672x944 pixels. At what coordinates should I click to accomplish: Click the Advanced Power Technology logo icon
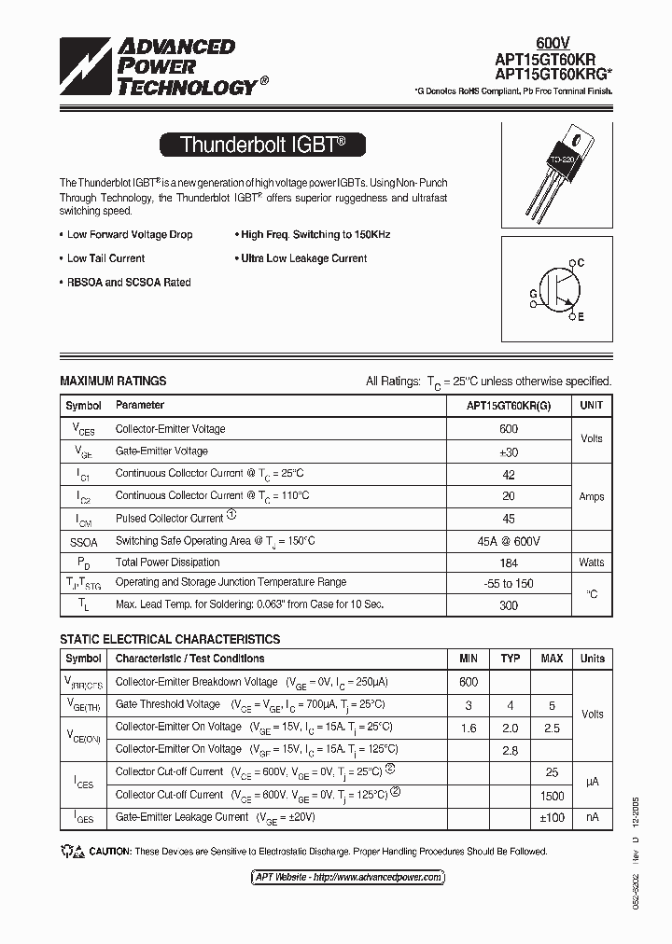coord(85,67)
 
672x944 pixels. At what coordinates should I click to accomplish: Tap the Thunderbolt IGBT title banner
coord(261,145)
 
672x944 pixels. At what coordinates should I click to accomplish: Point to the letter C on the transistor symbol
coord(580,263)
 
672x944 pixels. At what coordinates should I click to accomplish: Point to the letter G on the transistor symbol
coord(533,292)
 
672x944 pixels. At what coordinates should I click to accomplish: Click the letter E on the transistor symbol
coord(580,318)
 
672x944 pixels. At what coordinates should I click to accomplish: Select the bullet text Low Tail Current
coord(105,258)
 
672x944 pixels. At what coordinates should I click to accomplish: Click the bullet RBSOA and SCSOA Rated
coord(129,283)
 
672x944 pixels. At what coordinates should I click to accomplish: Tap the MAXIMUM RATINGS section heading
coord(113,381)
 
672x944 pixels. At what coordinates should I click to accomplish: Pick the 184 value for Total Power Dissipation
coord(509,562)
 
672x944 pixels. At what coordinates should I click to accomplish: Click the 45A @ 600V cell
coord(509,541)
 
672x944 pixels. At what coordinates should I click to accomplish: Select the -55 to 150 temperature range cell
coord(509,583)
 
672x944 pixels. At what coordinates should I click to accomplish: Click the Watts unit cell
coord(592,562)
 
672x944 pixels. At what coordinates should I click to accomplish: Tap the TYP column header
coord(510,659)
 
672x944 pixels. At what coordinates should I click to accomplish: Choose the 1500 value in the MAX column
coord(552,796)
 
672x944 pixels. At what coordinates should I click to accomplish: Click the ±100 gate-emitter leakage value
coord(552,817)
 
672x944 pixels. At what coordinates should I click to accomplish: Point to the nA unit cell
coord(592,817)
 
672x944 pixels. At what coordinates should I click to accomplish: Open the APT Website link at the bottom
coord(347,878)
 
